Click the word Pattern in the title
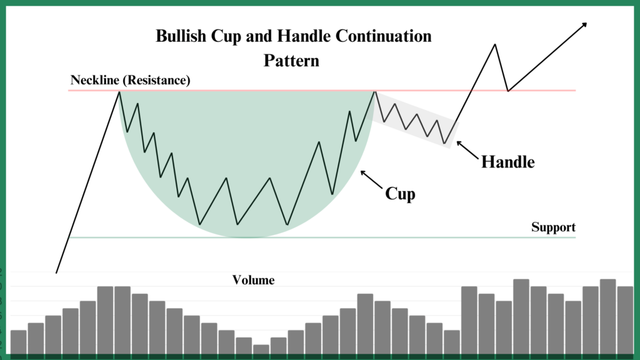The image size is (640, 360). [x=291, y=61]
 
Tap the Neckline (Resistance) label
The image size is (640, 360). [x=130, y=80]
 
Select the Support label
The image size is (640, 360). [x=553, y=227]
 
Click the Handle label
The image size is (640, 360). [x=507, y=162]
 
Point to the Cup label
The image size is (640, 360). [x=400, y=194]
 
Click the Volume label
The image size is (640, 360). [x=254, y=280]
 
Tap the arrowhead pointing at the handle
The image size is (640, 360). [x=459, y=143]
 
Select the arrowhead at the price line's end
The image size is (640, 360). [x=584, y=25]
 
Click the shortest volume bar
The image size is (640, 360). [x=261, y=349]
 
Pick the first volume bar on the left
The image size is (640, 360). [x=18, y=342]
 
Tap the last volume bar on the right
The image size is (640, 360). [x=625, y=321]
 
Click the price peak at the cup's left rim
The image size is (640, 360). [x=119, y=92]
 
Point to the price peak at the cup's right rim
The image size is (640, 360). [x=374, y=92]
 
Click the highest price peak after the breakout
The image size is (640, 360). [x=495, y=44]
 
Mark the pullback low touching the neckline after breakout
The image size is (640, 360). [x=507, y=91]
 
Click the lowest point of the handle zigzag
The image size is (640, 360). [x=445, y=143]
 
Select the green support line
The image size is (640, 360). [x=322, y=237]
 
